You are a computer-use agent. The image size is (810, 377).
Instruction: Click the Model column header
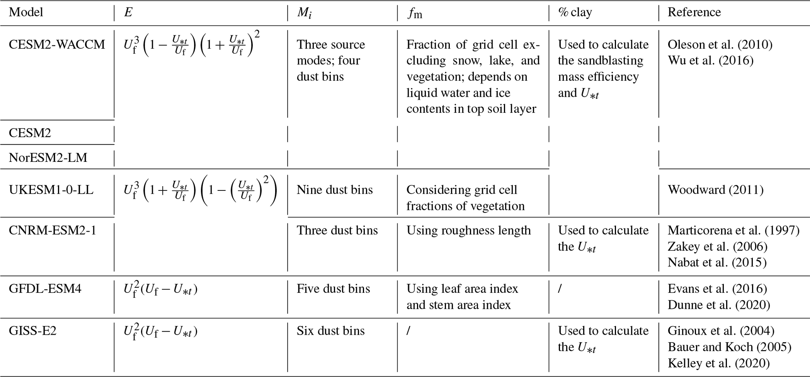[26, 12]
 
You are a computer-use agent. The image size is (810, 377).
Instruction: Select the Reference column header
[694, 12]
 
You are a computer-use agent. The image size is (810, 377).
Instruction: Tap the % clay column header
[575, 12]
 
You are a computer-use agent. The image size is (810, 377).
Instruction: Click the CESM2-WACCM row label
[57, 44]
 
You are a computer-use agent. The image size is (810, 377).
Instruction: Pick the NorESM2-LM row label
[48, 158]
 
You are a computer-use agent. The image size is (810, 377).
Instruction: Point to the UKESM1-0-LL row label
[51, 190]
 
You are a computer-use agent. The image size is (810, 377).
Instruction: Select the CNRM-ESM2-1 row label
[53, 230]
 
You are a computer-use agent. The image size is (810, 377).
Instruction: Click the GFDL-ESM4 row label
[45, 289]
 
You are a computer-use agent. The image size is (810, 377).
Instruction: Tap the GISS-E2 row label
[33, 331]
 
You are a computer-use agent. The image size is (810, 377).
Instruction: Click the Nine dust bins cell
[335, 190]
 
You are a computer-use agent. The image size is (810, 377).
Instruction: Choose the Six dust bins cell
[330, 331]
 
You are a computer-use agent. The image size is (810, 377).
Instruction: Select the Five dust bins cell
[333, 289]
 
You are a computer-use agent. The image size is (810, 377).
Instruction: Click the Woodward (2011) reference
[716, 190]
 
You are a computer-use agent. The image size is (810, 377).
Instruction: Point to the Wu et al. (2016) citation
[710, 60]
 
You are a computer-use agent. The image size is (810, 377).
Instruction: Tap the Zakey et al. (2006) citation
[718, 246]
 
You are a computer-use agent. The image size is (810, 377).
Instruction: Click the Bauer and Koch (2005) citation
[729, 347]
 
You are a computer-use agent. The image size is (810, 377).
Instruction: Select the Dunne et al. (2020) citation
[719, 305]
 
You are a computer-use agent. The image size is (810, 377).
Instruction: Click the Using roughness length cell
[468, 230]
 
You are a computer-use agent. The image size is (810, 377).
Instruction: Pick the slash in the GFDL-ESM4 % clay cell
[560, 289]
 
